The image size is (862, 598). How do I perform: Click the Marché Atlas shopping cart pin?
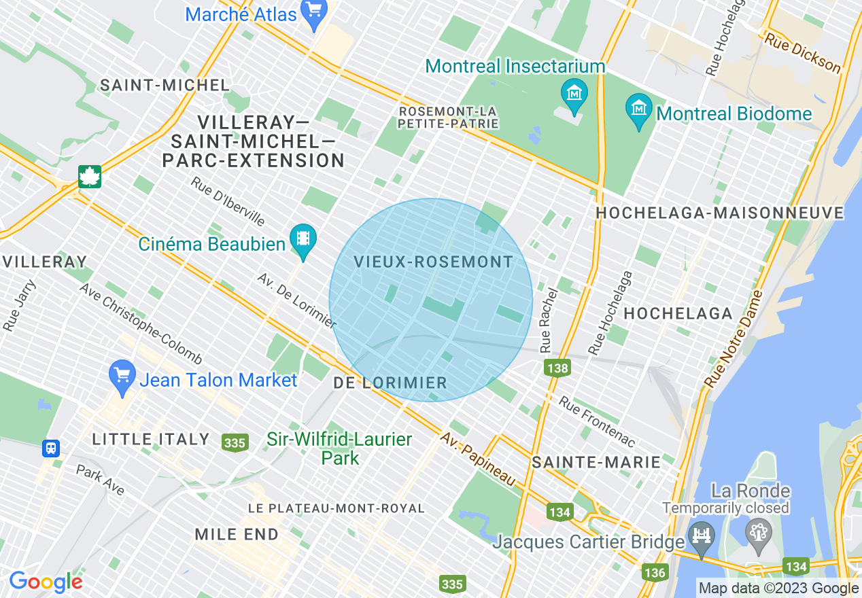tap(314, 13)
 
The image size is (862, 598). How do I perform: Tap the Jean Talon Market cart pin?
tap(122, 377)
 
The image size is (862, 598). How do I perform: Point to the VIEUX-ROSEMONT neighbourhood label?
tap(433, 262)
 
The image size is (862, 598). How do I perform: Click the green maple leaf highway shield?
tap(89, 177)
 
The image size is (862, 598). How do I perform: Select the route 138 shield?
tap(557, 368)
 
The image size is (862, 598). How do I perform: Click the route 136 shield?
tap(654, 572)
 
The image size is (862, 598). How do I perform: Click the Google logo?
tap(46, 582)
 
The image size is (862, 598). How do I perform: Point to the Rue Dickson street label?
tap(802, 52)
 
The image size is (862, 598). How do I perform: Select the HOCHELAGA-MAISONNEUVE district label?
tap(719, 213)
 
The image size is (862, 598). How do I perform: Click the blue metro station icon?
tap(50, 448)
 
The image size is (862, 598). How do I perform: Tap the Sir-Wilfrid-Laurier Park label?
tap(339, 448)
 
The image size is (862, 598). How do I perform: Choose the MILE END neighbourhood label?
tap(237, 534)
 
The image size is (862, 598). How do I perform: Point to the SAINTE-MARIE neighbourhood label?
tap(596, 463)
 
